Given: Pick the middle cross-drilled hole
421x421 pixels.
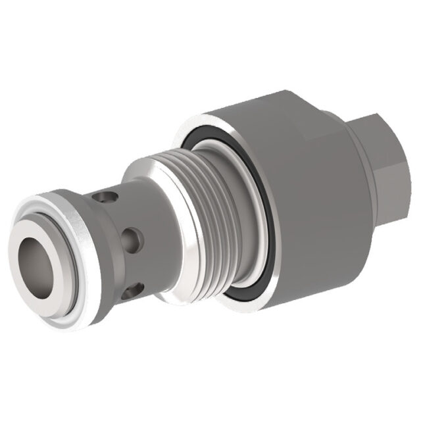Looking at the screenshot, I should pos(131,236).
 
